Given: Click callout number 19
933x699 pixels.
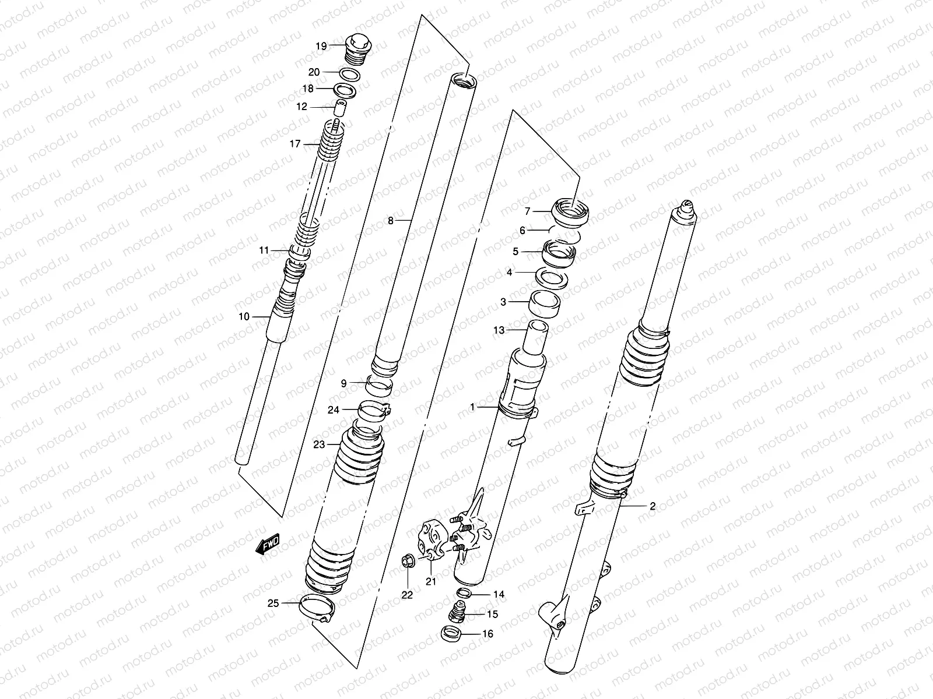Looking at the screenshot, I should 321,45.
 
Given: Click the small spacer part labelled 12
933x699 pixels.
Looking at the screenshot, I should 341,107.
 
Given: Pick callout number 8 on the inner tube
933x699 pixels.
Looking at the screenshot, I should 391,220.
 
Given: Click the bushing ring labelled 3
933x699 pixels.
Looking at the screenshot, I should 544,303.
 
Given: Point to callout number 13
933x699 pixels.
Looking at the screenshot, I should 499,330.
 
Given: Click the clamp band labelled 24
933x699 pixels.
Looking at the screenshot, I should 373,409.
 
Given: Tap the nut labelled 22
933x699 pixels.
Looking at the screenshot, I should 408,562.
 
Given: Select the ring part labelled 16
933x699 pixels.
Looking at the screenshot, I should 453,633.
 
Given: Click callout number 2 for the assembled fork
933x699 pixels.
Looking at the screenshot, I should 652,506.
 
